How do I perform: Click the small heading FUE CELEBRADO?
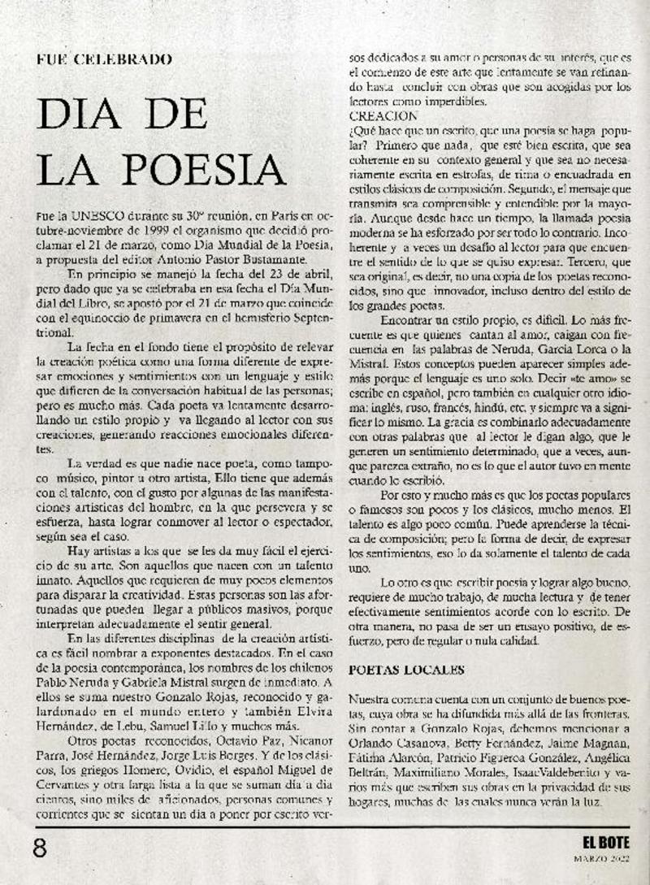pyautogui.click(x=105, y=59)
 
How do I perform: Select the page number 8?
pyautogui.click(x=39, y=848)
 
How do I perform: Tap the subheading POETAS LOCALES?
pyautogui.click(x=406, y=670)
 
